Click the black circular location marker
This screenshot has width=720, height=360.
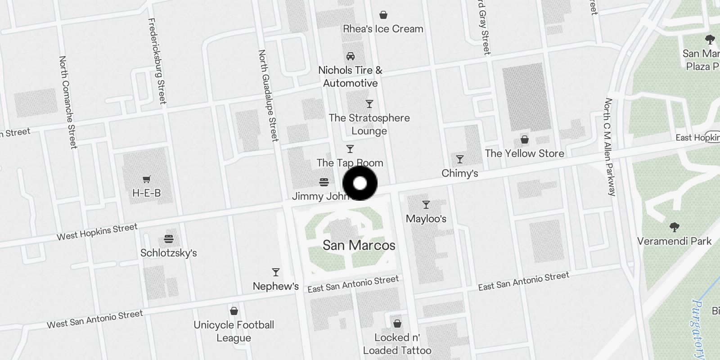coord(360,183)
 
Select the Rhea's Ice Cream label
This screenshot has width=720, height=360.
coord(383,29)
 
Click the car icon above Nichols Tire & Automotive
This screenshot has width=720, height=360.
coord(350,56)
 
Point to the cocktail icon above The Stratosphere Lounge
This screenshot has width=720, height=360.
coord(369,104)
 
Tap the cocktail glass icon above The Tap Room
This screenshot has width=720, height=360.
coord(350,149)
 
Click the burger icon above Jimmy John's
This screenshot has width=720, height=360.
coord(324,182)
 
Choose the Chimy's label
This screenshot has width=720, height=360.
coord(459,173)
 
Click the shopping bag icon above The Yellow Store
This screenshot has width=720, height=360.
coord(524,139)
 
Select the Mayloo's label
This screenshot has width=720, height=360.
coord(426,219)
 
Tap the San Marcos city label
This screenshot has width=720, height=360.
coord(359,245)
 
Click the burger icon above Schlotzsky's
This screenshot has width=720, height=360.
coord(169,239)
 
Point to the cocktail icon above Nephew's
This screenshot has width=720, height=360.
coord(276,272)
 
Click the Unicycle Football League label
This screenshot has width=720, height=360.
coord(234,331)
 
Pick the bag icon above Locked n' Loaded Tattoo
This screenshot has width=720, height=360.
coord(397,324)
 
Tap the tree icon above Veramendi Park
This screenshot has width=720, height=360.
coord(674,227)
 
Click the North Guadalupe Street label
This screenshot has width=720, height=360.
coord(269,95)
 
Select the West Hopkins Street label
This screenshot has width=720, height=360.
coord(97,232)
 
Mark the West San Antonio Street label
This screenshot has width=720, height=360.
coord(95,319)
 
